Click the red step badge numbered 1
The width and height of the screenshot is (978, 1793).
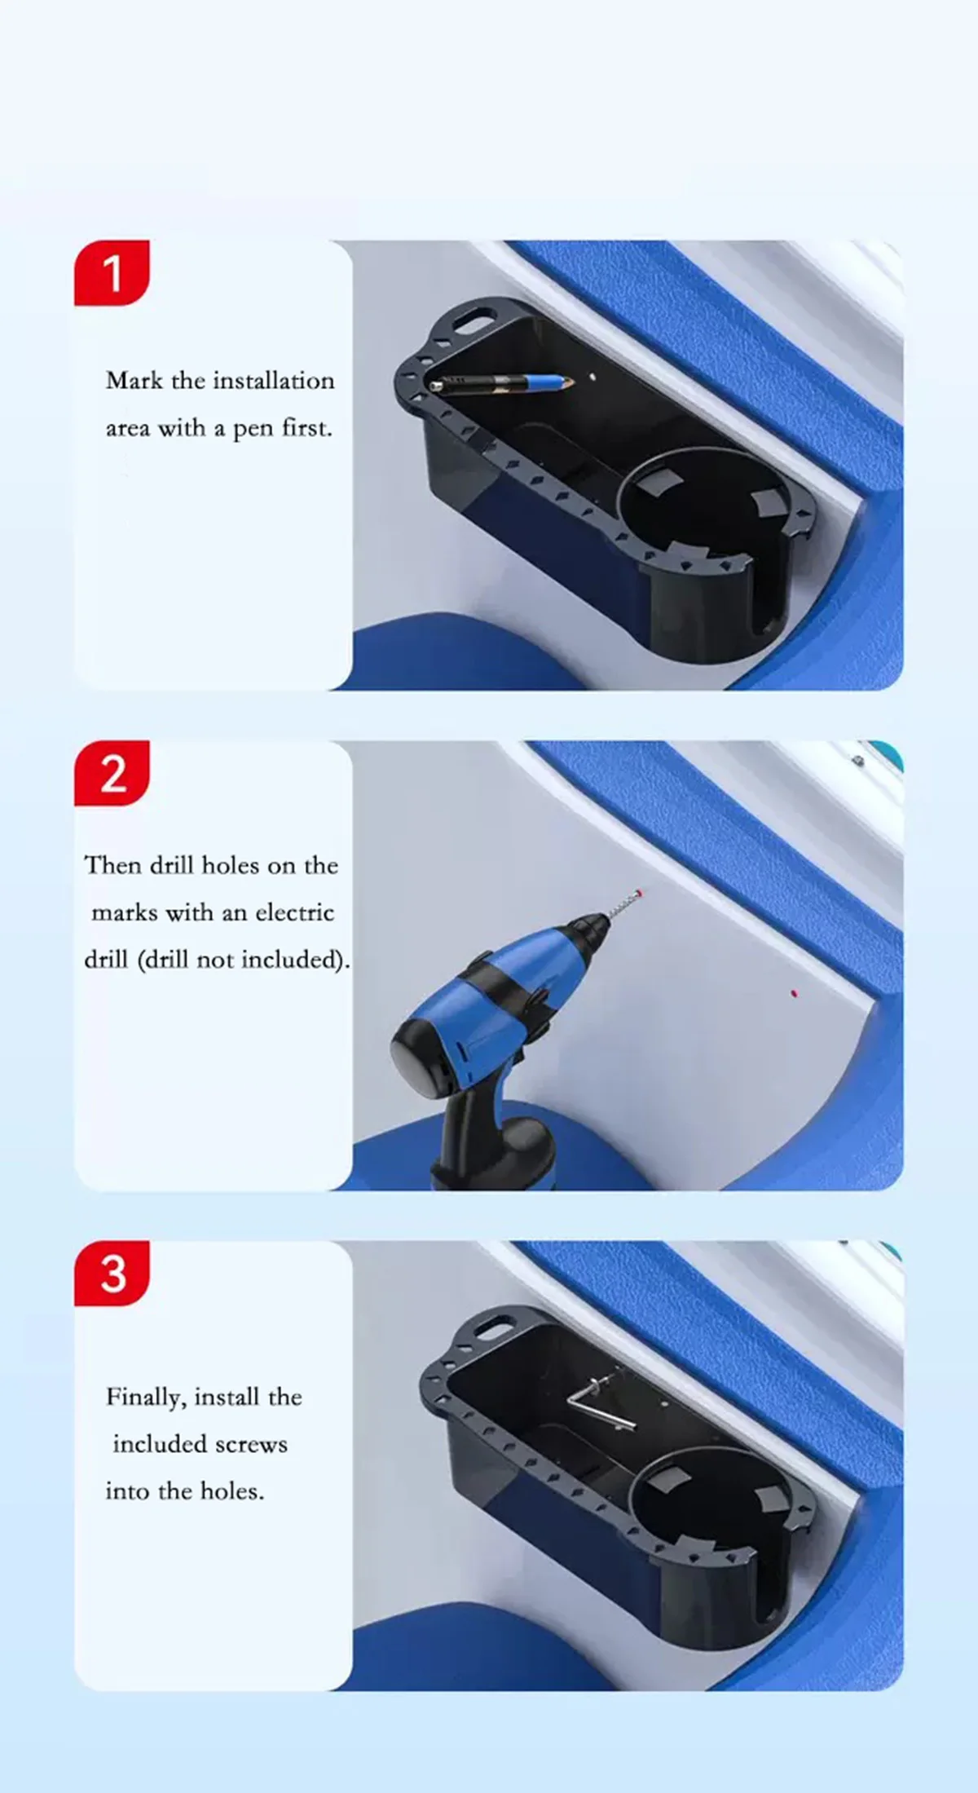pos(112,272)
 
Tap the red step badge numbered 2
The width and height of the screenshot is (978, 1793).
pos(112,773)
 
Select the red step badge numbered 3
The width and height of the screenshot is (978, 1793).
pos(112,1273)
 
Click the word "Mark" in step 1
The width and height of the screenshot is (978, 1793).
pos(134,380)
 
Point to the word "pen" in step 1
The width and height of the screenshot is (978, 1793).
pos(253,430)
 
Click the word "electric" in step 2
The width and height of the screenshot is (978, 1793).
pos(295,912)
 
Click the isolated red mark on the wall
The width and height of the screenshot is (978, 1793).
pos(794,993)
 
